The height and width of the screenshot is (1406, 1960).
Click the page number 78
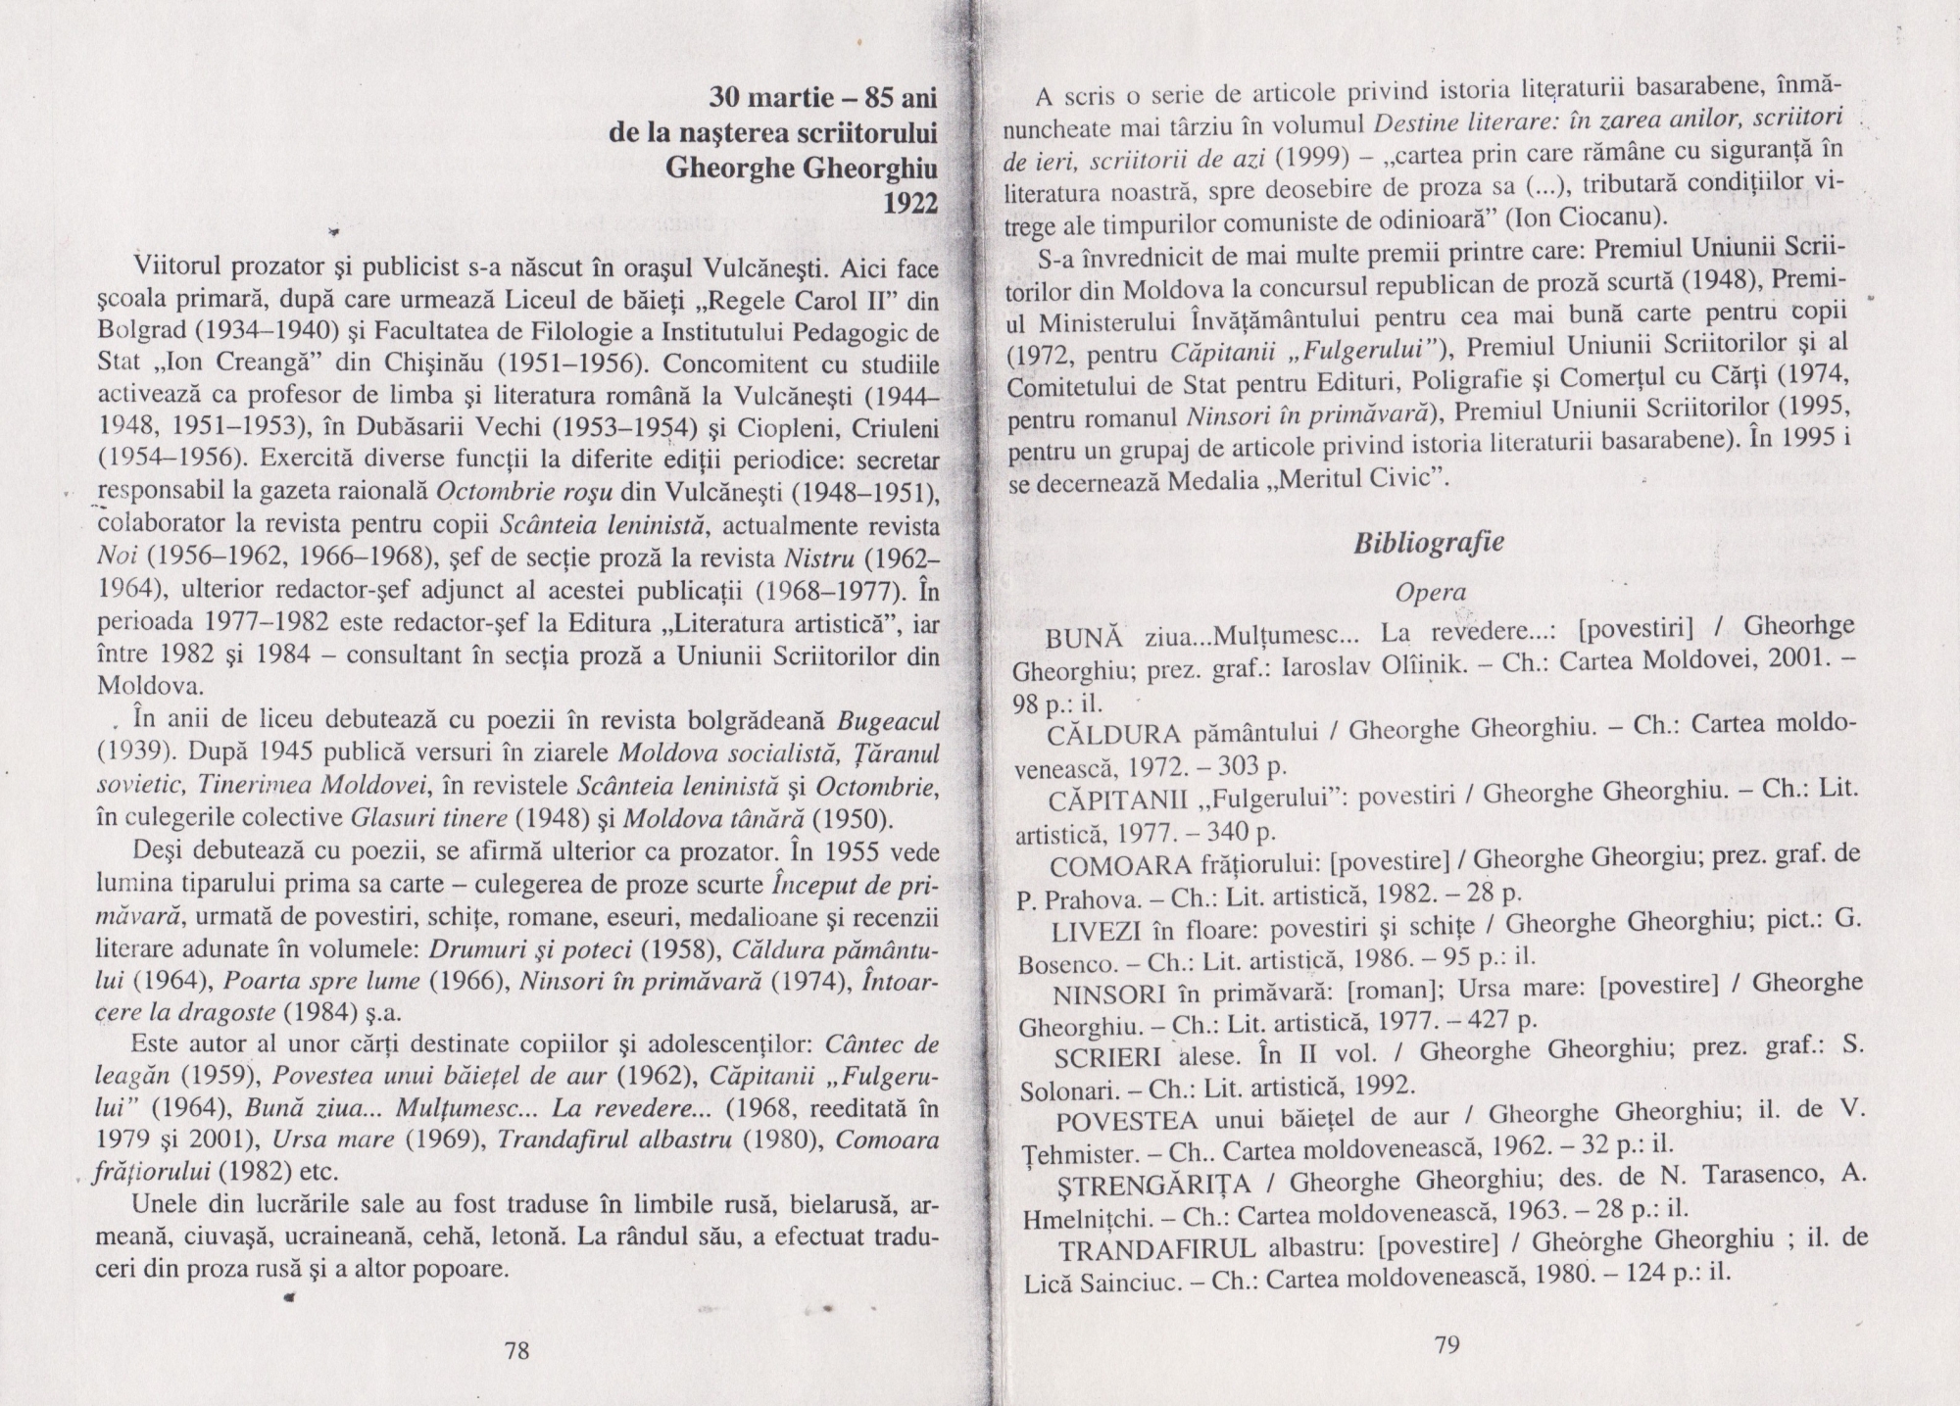point(516,1351)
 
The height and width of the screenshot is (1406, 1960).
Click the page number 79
point(1446,1345)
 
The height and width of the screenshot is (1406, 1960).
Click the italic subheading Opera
point(1431,592)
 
